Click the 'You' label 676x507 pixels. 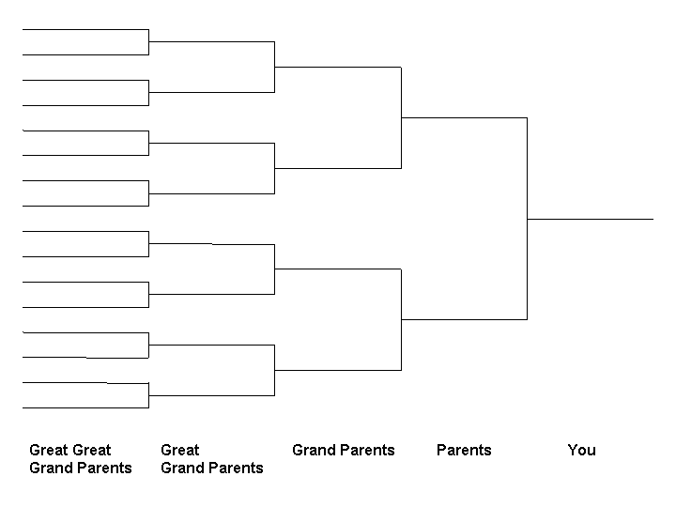click(x=581, y=450)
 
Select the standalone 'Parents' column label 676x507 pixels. click(x=464, y=450)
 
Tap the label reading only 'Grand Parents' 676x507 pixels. click(x=344, y=450)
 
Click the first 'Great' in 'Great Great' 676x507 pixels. click(x=49, y=450)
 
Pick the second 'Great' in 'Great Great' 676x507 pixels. click(x=91, y=450)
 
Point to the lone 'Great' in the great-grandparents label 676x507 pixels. click(x=179, y=450)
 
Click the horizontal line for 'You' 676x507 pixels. click(x=591, y=219)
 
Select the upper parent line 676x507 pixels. click(x=465, y=117)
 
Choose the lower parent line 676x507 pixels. click(x=465, y=319)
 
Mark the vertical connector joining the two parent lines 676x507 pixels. click(x=528, y=219)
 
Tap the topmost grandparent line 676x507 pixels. click(x=338, y=68)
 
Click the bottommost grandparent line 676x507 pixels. click(x=338, y=370)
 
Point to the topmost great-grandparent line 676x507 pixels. click(x=211, y=42)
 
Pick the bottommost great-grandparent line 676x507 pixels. click(x=211, y=395)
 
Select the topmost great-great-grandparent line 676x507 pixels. click(x=85, y=30)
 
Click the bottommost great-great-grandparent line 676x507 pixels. click(x=85, y=407)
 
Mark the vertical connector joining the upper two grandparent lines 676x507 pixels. click(x=402, y=117)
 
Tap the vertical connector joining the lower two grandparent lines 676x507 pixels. click(x=402, y=319)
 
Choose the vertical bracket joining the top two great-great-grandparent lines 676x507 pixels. click(x=148, y=42)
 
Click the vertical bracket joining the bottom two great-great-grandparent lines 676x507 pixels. click(x=148, y=395)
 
